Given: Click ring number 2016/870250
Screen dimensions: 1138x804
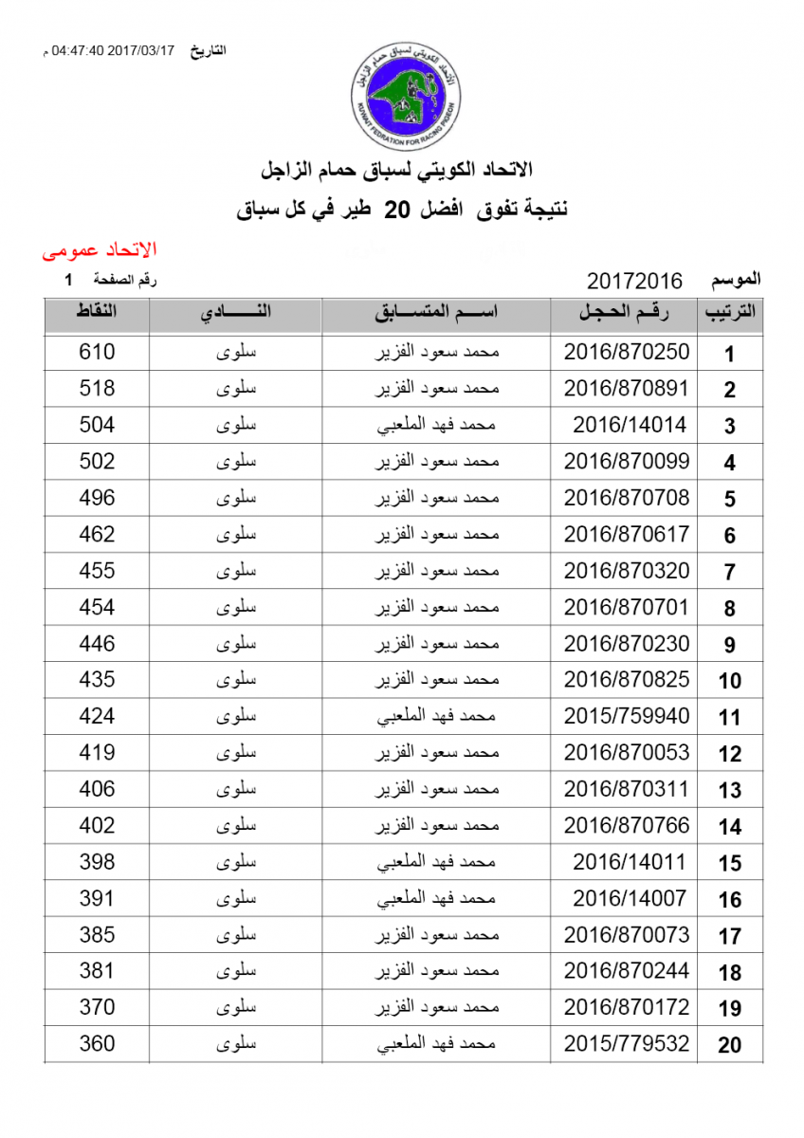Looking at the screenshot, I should pos(627,353).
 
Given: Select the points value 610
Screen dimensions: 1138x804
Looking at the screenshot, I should pos(97,352).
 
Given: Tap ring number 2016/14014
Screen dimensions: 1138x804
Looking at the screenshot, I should pos(630,426).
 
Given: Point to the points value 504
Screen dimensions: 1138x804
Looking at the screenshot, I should pos(97,425).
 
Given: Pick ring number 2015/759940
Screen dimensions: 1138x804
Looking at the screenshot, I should pos(627,716).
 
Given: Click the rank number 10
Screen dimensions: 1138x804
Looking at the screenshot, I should pos(730,681).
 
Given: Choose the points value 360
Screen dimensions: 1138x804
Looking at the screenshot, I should pos(97,1043).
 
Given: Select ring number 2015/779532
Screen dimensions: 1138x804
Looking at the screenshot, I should pos(627,1044).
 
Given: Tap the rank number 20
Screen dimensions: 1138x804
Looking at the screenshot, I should pos(730,1045).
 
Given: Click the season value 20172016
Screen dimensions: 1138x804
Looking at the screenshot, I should pos(635,281).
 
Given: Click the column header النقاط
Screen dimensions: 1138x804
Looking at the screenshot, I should pos(97,314).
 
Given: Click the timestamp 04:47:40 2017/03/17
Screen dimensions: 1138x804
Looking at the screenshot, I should pos(114,50).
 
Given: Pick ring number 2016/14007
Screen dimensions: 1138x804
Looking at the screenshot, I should pos(630,898).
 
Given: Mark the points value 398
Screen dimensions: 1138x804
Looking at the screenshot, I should pos(97,861).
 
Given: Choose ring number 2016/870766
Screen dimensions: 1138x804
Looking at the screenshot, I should pos(627,825).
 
